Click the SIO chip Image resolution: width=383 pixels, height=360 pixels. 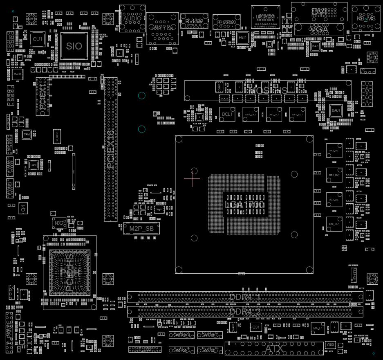(74, 46)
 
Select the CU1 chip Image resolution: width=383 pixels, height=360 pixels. (37, 39)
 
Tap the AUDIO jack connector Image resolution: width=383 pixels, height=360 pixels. (132, 18)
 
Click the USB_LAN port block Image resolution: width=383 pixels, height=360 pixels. (162, 28)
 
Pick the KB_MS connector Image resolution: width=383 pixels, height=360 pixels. (366, 18)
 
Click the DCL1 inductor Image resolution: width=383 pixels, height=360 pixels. (227, 114)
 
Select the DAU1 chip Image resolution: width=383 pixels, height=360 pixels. (336, 110)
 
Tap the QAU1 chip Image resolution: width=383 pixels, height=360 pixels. (18, 74)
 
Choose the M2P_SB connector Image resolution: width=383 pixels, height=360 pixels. (141, 229)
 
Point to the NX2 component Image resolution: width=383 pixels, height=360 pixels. (59, 223)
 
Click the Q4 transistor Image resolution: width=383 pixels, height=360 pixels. (23, 209)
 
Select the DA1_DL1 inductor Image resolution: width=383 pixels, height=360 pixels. (334, 151)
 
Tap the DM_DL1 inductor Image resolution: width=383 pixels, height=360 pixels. (334, 224)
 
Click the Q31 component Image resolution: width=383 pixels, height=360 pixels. (255, 327)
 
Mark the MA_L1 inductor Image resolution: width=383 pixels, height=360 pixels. (318, 328)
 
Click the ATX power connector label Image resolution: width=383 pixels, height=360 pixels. (273, 349)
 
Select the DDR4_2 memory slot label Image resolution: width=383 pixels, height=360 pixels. (245, 312)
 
